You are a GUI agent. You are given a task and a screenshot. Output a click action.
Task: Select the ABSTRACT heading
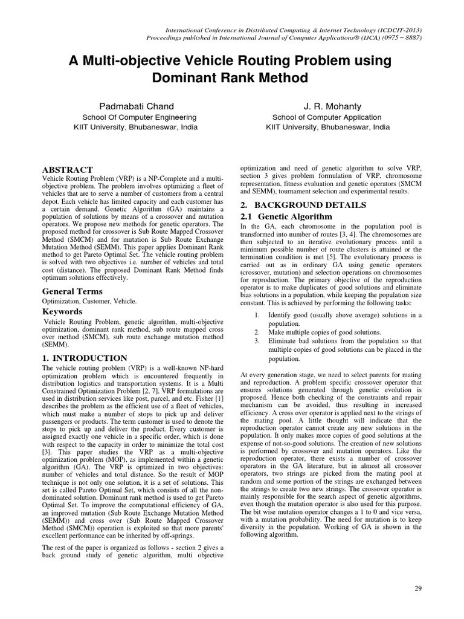pyautogui.click(x=67, y=170)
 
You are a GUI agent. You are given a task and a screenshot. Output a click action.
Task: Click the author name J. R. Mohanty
pyautogui.click(x=327, y=106)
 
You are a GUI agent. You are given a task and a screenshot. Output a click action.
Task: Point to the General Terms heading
pyautogui.click(x=72, y=291)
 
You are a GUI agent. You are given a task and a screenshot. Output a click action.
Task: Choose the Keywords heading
pyautogui.click(x=62, y=311)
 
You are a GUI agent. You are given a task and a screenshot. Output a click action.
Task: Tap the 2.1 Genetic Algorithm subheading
pyautogui.click(x=287, y=216)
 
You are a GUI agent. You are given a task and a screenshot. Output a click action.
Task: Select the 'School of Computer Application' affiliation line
pyautogui.click(x=327, y=117)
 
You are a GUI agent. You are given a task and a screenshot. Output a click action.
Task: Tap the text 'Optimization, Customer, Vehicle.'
pyautogui.click(x=89, y=300)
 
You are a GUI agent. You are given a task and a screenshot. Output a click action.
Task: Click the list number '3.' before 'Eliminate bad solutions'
pyautogui.click(x=256, y=341)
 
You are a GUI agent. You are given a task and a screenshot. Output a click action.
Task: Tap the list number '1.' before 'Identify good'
pyautogui.click(x=256, y=315)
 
